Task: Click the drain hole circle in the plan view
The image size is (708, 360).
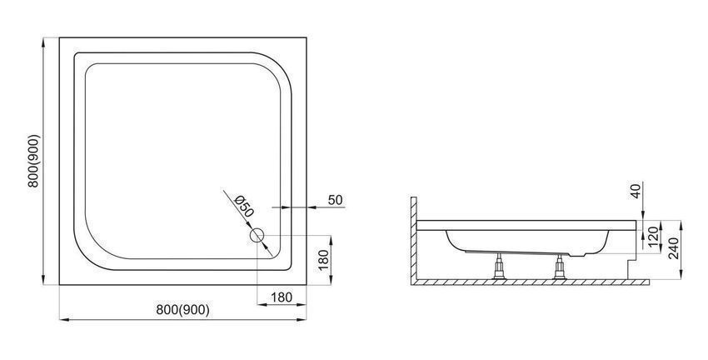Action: point(257,235)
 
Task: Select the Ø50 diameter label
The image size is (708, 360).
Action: point(244,206)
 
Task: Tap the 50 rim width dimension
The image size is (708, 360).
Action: point(335,200)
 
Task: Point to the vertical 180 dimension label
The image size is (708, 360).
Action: point(324,259)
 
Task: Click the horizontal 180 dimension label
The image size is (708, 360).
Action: point(282,297)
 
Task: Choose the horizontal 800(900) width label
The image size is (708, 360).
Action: point(183,310)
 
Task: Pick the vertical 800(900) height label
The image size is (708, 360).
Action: point(33,161)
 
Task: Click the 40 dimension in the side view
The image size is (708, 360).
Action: point(636,191)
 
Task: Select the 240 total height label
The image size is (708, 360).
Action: point(674,248)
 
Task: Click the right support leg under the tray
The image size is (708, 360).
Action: point(560,267)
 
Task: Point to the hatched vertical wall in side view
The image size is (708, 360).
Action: point(413,238)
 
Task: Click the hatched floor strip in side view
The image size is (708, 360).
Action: point(530,282)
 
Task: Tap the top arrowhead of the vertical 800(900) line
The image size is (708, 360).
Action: point(43,42)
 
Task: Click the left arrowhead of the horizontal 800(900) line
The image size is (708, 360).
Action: point(64,320)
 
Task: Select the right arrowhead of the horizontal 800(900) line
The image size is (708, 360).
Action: point(302,320)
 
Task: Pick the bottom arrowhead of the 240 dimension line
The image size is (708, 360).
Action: point(681,274)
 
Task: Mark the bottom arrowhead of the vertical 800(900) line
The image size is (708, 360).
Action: point(43,281)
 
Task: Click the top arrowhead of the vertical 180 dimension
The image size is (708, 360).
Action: point(331,240)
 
